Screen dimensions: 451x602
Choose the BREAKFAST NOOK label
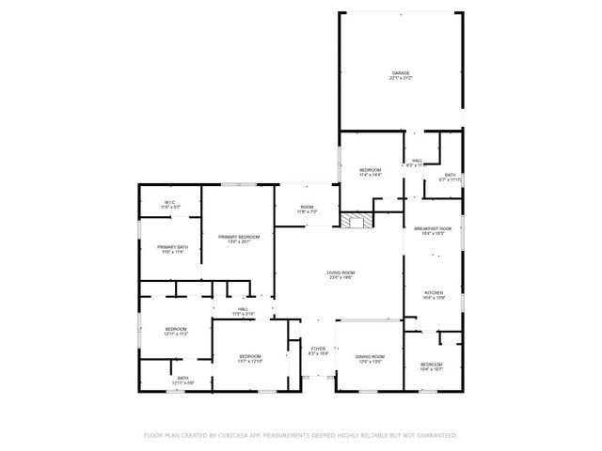tap(433, 229)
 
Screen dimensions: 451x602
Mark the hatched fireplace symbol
tap(354, 221)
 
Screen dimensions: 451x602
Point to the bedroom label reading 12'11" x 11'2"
tap(176, 331)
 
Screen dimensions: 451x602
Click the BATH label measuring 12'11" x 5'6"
tap(182, 381)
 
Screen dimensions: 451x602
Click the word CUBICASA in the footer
tap(235, 435)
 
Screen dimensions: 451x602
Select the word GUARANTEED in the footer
tap(435, 435)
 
